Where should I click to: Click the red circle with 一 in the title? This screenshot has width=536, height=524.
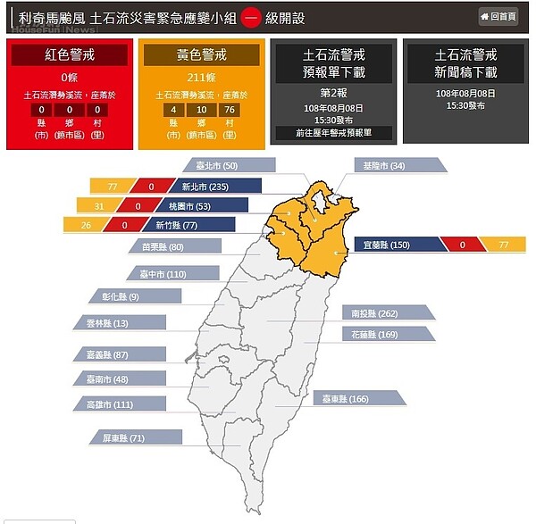click(x=251, y=17)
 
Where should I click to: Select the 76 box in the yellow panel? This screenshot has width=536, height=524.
click(x=230, y=110)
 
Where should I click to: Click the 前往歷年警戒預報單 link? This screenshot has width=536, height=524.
click(x=333, y=133)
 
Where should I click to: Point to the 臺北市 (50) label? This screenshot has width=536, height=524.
click(x=216, y=166)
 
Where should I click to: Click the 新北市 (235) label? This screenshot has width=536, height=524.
click(x=206, y=187)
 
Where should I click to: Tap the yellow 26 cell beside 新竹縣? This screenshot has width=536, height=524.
click(x=86, y=225)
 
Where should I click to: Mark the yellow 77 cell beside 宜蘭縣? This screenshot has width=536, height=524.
click(x=504, y=244)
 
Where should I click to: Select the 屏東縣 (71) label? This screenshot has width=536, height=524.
click(x=124, y=438)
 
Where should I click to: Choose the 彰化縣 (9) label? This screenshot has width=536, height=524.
click(x=121, y=296)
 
